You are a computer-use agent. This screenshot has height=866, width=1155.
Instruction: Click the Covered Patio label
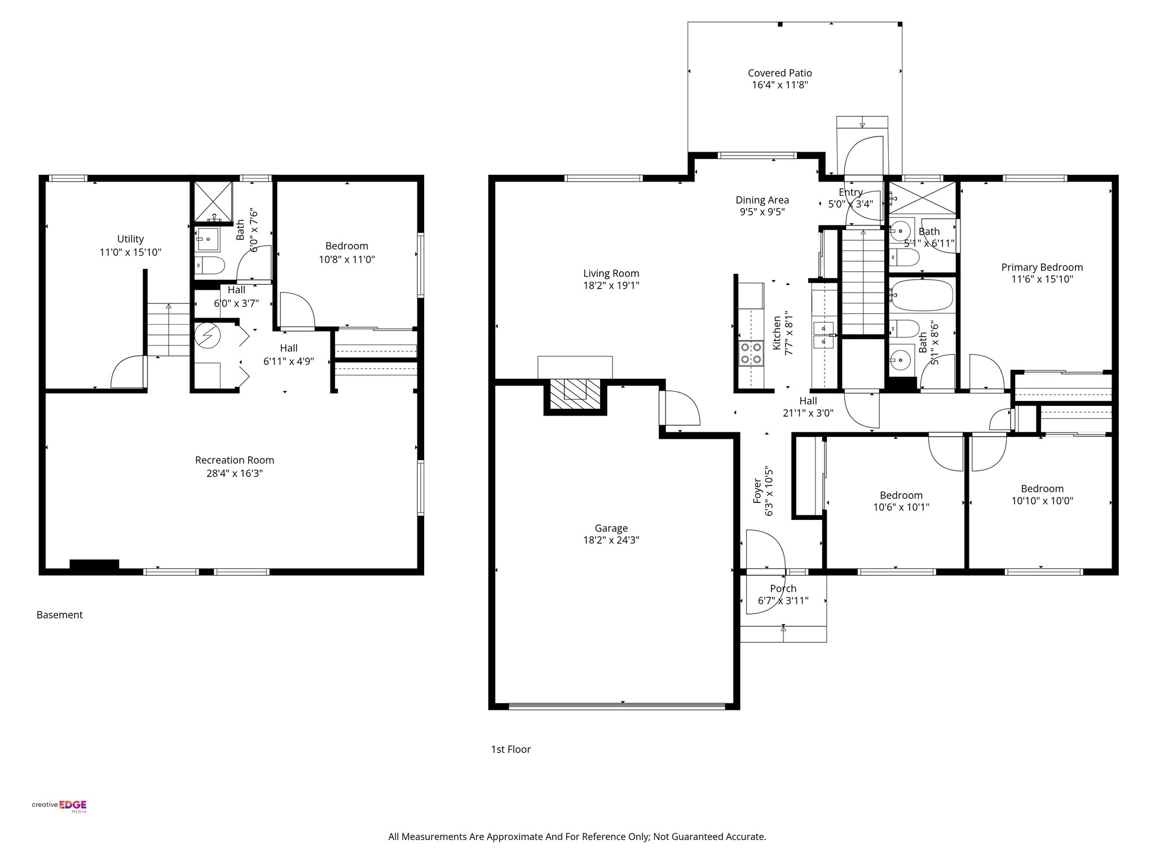click(779, 73)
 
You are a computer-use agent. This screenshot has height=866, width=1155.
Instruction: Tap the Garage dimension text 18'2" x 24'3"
click(611, 540)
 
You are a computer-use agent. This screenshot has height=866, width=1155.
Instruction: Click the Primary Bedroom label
click(1042, 267)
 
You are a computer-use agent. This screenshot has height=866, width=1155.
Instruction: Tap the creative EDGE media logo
click(59, 806)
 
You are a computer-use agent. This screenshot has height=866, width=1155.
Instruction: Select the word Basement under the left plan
click(59, 615)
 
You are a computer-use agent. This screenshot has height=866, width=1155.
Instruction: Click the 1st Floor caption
click(510, 749)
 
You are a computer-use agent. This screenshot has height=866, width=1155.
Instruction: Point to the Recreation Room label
click(235, 460)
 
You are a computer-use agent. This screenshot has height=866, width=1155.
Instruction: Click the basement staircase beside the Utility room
click(169, 329)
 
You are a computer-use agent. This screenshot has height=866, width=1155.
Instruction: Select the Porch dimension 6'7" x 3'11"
click(783, 601)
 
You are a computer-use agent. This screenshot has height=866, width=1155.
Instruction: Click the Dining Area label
click(762, 200)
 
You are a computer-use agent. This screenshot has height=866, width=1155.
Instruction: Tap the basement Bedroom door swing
click(296, 310)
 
